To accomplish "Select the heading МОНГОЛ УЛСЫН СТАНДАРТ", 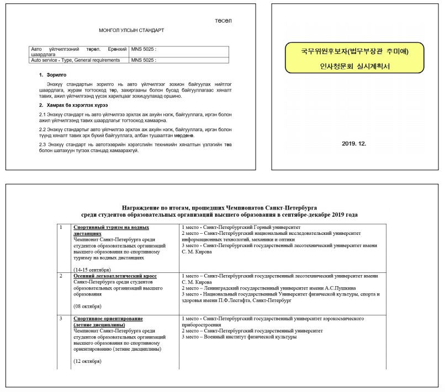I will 131,30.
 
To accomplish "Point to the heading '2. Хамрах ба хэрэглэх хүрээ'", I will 73,105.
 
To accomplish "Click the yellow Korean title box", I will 354,60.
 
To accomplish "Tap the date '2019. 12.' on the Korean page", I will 354,143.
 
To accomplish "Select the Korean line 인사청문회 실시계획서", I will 354,67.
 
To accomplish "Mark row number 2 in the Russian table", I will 61,275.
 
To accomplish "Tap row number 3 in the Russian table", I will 61,319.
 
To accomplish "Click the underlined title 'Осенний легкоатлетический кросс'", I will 115,275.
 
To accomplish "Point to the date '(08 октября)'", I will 87,306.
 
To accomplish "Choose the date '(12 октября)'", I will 87,361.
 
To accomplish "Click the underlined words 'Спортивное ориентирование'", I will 108,319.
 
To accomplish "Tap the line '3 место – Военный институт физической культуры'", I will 239,337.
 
